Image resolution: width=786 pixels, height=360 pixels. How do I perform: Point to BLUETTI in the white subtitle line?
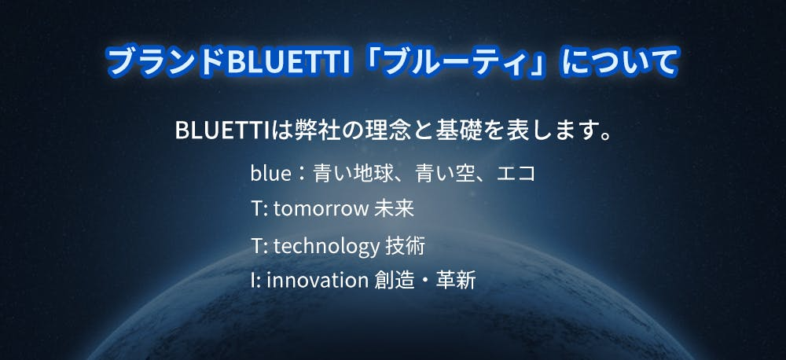coord(223,130)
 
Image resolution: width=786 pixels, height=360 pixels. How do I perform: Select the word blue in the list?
coord(270,174)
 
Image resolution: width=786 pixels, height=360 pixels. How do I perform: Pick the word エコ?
coord(517,174)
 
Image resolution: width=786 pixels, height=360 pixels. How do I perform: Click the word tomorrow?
coord(321,209)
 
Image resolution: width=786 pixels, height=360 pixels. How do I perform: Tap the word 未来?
coord(394,209)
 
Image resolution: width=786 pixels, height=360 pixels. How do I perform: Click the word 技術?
coord(405,246)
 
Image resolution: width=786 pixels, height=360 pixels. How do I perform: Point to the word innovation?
coord(318,281)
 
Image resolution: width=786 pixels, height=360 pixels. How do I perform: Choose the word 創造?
coord(395,281)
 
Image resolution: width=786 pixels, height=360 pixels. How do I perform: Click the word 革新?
coord(456,281)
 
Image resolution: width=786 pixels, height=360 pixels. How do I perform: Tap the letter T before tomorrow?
coord(256,209)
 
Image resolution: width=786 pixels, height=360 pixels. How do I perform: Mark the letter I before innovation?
coord(252,281)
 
